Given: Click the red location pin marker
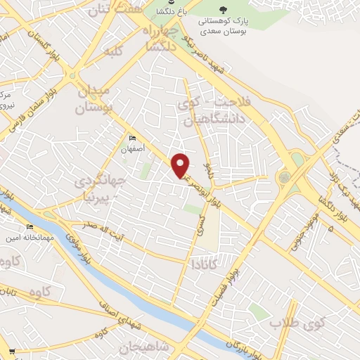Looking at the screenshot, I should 181,165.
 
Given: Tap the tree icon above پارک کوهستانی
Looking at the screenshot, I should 223,10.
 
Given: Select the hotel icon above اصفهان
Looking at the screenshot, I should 131,138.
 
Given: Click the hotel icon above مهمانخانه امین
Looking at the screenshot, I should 30,227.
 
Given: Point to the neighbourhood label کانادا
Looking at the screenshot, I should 205,264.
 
